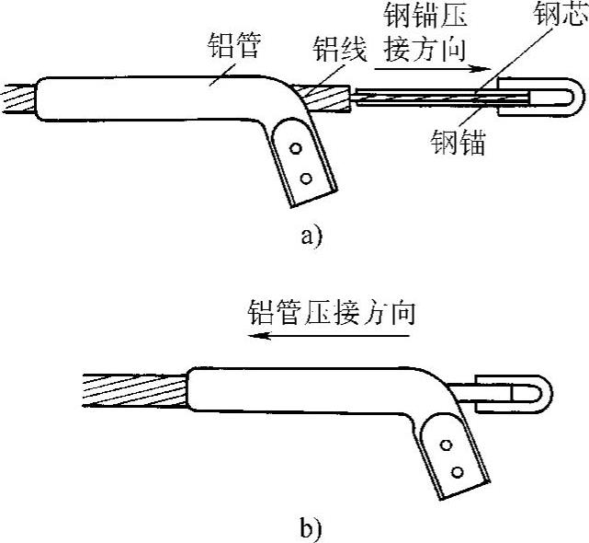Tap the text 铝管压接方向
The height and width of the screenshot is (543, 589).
click(332, 312)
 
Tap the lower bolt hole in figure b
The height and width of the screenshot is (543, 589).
click(456, 473)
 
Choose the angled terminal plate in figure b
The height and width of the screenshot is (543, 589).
click(453, 457)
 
